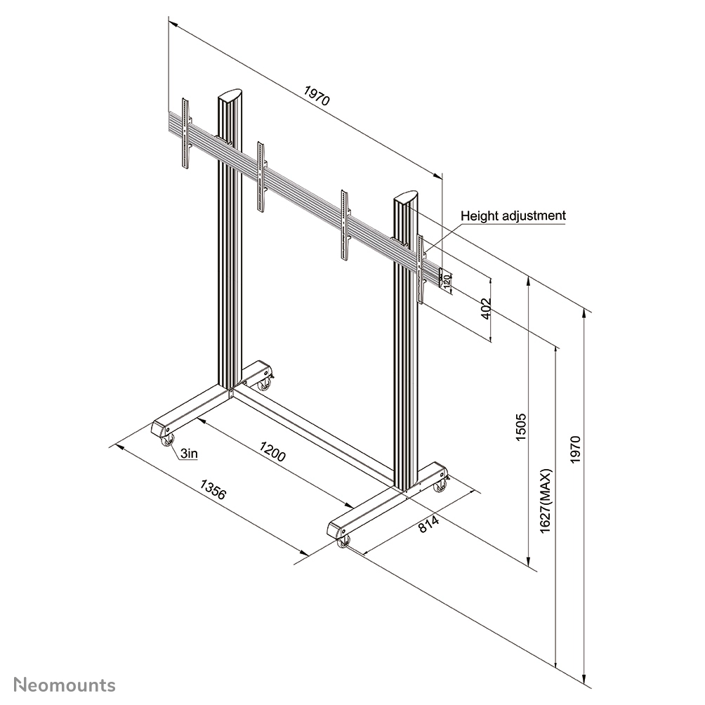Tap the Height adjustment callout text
(513, 216)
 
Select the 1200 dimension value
(272, 451)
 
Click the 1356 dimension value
(213, 489)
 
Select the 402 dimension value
(484, 310)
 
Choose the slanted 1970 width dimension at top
(316, 95)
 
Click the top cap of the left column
(230, 95)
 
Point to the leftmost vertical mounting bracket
(185, 133)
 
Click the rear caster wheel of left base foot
(265, 383)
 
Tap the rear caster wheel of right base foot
(440, 486)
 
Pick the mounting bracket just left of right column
(345, 225)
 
